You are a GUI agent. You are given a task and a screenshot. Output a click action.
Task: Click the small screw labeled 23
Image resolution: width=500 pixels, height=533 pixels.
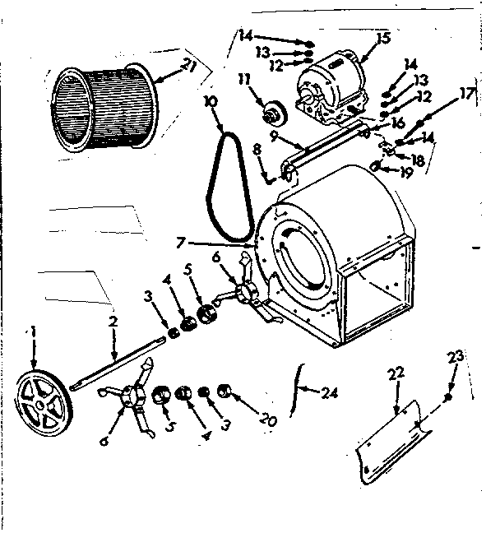coord(448,397)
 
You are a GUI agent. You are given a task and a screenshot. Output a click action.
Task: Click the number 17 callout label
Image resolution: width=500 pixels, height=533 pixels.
coord(467,94)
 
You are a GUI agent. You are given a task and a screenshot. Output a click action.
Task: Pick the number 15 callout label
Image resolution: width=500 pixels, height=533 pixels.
coord(382,37)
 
